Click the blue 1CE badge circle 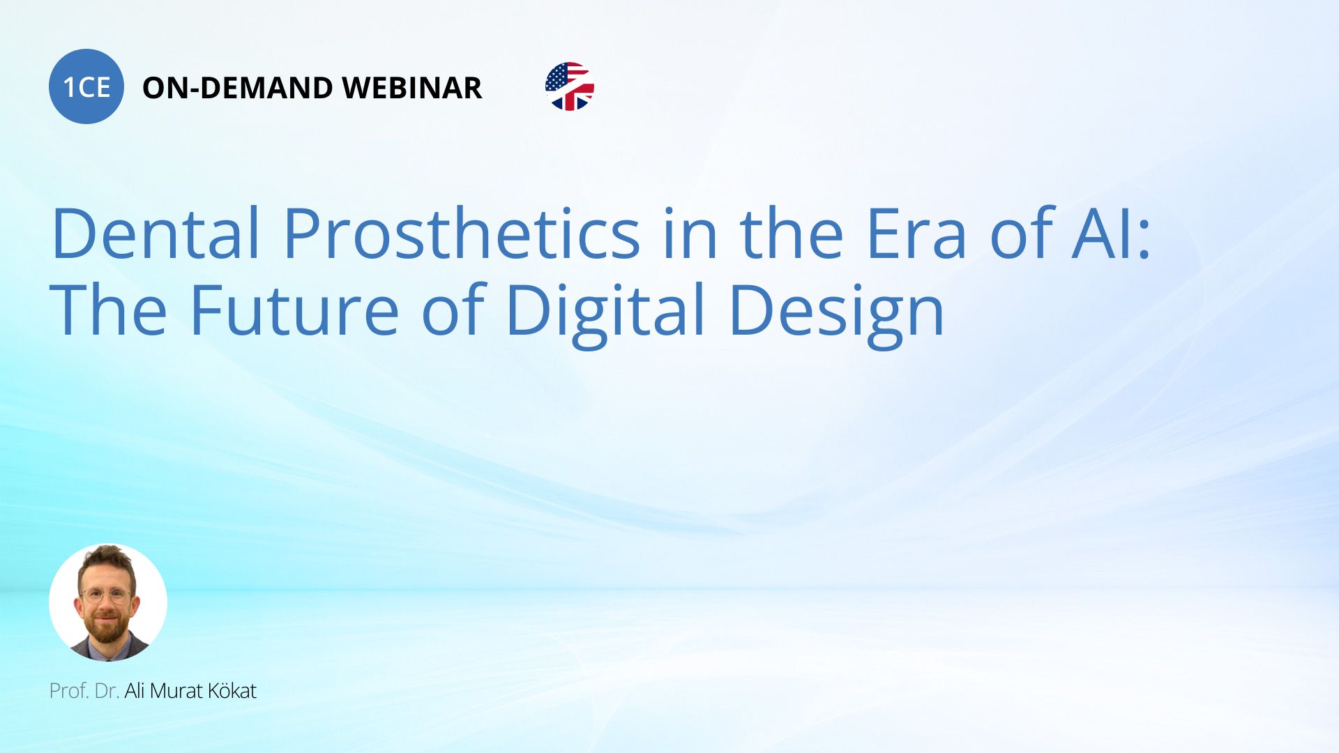[86, 86]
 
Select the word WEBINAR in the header [411, 88]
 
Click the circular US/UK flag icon [570, 86]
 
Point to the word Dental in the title [156, 234]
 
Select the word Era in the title [916, 234]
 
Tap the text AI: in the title [1112, 234]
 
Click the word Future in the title [294, 310]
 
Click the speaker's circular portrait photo [108, 602]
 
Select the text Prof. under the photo [69, 691]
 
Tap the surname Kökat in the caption [232, 691]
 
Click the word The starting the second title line [109, 310]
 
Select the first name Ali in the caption [135, 691]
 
